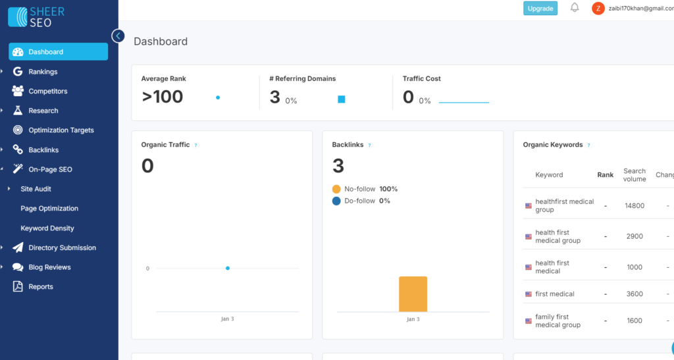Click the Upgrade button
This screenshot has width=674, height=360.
(x=540, y=9)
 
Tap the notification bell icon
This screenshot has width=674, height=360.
(x=575, y=8)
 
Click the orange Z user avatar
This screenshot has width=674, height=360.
(x=598, y=9)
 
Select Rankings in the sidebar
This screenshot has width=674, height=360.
(x=43, y=72)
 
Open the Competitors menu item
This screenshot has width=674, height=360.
(x=47, y=91)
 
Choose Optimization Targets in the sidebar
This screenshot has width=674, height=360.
(x=61, y=130)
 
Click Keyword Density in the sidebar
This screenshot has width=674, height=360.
(x=47, y=228)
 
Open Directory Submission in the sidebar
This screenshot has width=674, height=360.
(x=62, y=248)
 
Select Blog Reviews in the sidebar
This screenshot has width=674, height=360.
(x=49, y=267)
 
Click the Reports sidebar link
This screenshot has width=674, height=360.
(x=41, y=287)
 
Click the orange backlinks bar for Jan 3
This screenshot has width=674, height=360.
(x=413, y=294)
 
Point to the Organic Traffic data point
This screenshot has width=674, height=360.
(x=228, y=268)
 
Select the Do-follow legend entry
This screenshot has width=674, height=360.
(x=359, y=201)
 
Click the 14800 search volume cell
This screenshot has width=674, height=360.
(x=634, y=206)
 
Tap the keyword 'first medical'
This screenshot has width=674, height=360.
(x=554, y=294)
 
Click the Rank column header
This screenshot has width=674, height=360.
(x=605, y=175)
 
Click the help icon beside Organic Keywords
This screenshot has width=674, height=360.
(x=588, y=145)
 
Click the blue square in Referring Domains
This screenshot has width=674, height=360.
(x=342, y=99)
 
